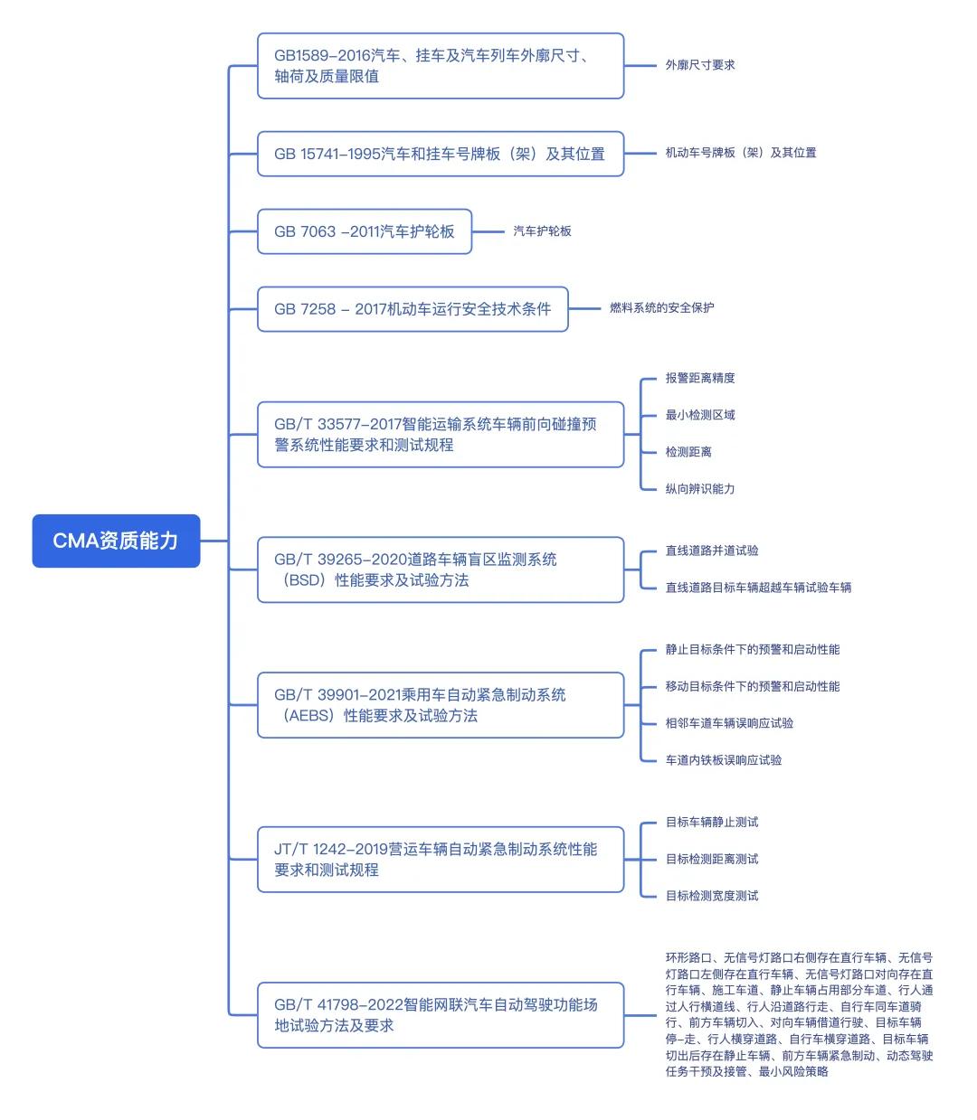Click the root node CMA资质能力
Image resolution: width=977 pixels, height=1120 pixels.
point(116,541)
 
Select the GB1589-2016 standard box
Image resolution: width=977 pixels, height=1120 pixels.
point(441,66)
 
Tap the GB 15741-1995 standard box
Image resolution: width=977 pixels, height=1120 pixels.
point(441,154)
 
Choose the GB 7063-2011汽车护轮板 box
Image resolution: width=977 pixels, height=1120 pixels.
point(365,231)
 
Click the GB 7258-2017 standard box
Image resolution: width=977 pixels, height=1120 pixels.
point(413,309)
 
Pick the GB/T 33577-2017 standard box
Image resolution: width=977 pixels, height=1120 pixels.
point(441,435)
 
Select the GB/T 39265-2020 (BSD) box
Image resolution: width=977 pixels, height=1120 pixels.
point(441,569)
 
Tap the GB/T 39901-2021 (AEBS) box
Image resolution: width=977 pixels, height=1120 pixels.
point(441,705)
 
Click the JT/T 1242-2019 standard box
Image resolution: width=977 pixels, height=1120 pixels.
point(441,860)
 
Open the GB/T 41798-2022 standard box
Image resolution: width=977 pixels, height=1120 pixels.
point(441,1015)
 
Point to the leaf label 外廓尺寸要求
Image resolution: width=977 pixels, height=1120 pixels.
point(700,65)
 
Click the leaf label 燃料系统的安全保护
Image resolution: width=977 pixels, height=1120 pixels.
point(662,308)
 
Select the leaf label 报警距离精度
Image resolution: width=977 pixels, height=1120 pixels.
point(700,378)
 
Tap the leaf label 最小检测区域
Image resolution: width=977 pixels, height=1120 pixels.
point(700,415)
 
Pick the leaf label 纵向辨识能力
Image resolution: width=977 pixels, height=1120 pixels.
point(700,489)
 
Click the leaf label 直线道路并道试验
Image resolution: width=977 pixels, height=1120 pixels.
point(712,551)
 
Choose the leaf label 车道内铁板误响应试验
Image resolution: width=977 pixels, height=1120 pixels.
point(724,760)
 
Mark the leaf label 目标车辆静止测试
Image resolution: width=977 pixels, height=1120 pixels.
point(712,823)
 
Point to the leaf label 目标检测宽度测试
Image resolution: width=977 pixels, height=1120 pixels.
point(712,896)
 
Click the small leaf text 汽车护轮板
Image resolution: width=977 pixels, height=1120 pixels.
point(543,231)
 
